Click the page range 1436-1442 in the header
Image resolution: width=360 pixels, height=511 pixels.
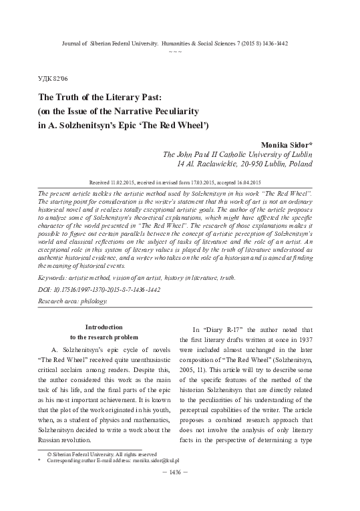(x=282, y=42)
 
